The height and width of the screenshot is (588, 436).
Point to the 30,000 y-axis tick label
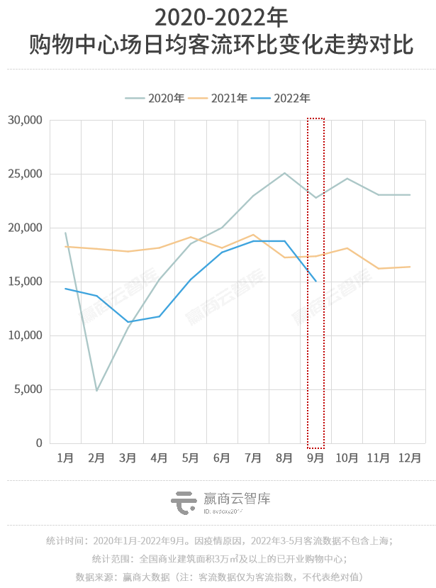[x=26, y=121]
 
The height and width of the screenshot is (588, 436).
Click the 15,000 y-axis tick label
[x=26, y=282]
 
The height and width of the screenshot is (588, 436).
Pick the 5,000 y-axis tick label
[x=29, y=389]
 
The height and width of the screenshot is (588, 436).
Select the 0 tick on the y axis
[x=40, y=443]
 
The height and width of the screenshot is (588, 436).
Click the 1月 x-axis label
[x=65, y=458]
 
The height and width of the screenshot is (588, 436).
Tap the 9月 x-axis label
[x=316, y=458]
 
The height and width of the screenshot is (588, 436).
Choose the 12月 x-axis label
[x=410, y=458]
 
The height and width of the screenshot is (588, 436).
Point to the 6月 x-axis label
[x=222, y=458]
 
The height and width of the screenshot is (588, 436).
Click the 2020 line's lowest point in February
[x=96, y=390]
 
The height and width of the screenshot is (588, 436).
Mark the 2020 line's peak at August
[x=285, y=173]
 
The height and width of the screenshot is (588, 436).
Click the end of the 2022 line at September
[x=316, y=281]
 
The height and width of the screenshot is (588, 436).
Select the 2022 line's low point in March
[x=128, y=322]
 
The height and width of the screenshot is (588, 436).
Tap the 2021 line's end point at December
[x=410, y=267]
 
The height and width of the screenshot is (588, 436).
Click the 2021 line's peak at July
[x=253, y=234]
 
